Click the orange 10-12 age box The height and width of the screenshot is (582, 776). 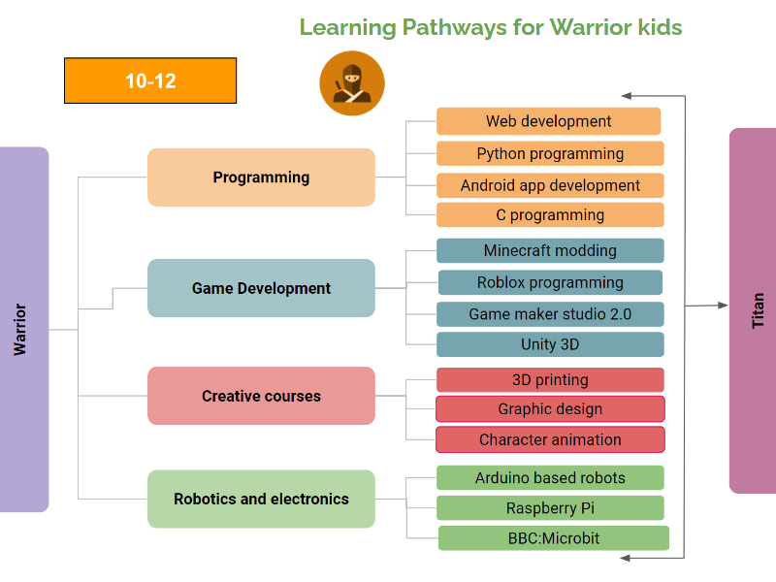150,81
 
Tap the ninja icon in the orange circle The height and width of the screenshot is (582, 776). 352,83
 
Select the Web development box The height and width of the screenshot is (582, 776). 548,121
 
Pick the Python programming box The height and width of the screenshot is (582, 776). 550,153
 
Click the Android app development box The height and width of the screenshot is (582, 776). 550,185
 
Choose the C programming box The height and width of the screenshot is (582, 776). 550,214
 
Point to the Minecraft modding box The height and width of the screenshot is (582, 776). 550,250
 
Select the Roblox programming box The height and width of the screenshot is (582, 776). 550,282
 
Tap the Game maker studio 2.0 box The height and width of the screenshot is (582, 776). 550,314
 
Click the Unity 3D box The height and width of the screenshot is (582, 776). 550,344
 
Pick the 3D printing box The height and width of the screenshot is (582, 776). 550,379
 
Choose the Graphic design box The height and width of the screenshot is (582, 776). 550,408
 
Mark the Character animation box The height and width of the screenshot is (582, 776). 550,439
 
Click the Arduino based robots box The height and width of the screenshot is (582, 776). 550,477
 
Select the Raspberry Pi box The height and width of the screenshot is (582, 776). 550,507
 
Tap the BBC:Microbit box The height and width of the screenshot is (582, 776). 554,538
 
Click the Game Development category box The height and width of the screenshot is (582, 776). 261,288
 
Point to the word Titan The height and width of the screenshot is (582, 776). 758,310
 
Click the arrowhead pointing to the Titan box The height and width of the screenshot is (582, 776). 723,306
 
